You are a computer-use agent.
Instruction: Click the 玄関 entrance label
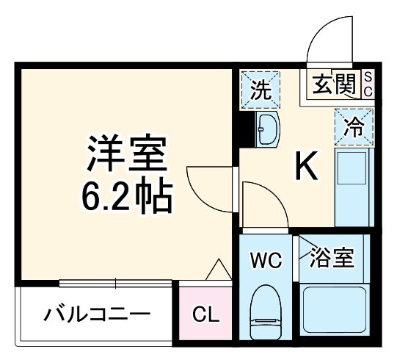(335, 85)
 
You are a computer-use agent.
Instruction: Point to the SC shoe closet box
(369, 85)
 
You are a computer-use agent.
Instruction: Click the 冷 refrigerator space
(354, 127)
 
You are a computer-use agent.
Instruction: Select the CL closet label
(206, 316)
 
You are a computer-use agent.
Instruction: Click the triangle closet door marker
(217, 271)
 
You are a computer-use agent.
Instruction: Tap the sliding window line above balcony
(117, 284)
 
